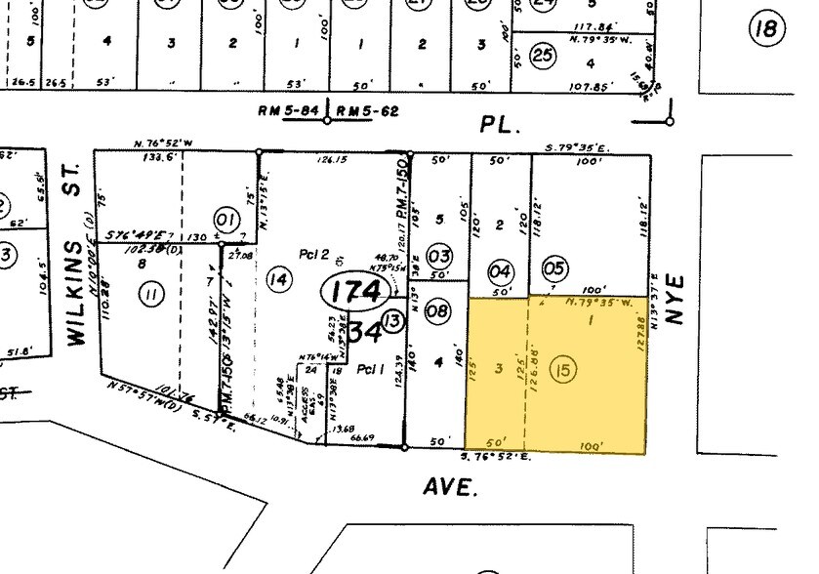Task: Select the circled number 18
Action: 767,29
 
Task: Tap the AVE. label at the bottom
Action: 452,485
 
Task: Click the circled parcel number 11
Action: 151,294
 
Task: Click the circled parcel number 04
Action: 500,270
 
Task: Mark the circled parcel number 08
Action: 438,311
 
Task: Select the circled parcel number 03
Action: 439,257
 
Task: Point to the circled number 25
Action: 543,56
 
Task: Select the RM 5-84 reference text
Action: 289,111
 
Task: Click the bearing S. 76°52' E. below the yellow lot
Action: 494,456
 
